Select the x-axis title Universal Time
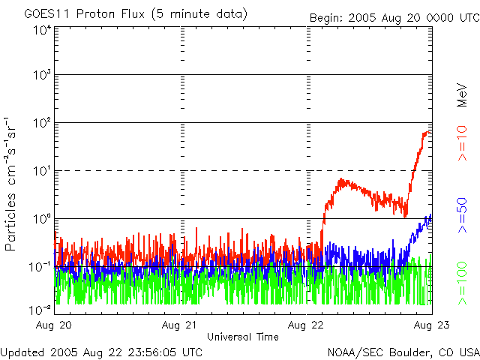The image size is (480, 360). tap(243, 337)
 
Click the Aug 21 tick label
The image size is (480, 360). tap(181, 325)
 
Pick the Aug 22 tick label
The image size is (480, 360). tap(306, 325)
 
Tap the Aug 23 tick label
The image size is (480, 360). tap(431, 325)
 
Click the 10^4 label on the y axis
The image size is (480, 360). tap(41, 30)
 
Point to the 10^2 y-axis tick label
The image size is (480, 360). tap(41, 124)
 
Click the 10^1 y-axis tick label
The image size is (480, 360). tap(41, 172)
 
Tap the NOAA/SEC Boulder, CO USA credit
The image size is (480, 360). tap(403, 352)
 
